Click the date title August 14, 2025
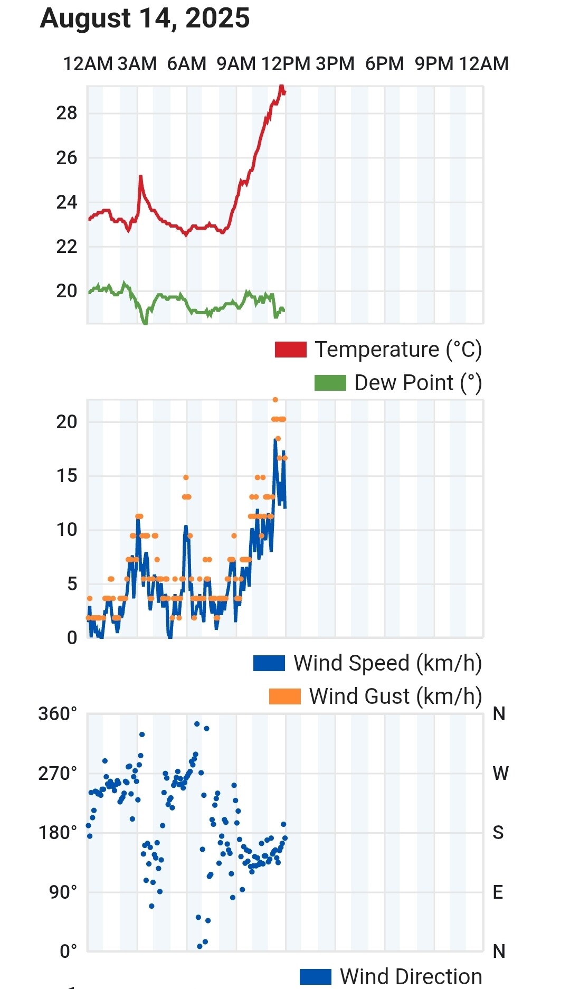145,18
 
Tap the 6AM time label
186,64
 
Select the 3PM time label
335,64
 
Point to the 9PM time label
434,64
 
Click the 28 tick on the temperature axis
66,113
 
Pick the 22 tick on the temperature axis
66,247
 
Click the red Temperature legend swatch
290,350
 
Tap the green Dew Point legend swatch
330,383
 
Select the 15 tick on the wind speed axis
66,476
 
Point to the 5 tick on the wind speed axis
72,584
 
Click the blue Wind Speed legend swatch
269,663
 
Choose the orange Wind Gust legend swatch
284,696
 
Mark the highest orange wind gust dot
275,400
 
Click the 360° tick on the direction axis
58,714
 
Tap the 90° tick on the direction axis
63,892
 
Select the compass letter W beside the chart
500,774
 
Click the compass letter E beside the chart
498,892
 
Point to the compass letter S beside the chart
498,833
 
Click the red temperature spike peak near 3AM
140,176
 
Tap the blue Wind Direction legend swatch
315,977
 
